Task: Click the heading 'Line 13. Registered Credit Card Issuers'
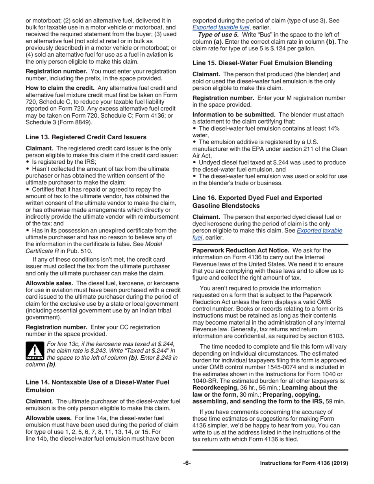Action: (x=86, y=137)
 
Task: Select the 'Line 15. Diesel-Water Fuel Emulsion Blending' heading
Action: (x=262, y=63)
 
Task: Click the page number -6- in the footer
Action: (x=187, y=463)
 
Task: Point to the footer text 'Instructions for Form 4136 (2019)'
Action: (x=304, y=463)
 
